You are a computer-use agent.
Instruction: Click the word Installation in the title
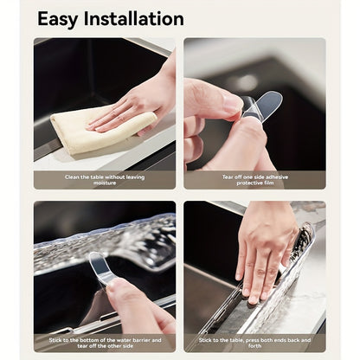(x=134, y=19)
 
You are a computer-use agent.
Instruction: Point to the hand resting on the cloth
(x=134, y=100)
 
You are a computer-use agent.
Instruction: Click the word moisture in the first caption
(x=104, y=184)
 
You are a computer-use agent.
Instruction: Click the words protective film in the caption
(x=255, y=184)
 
